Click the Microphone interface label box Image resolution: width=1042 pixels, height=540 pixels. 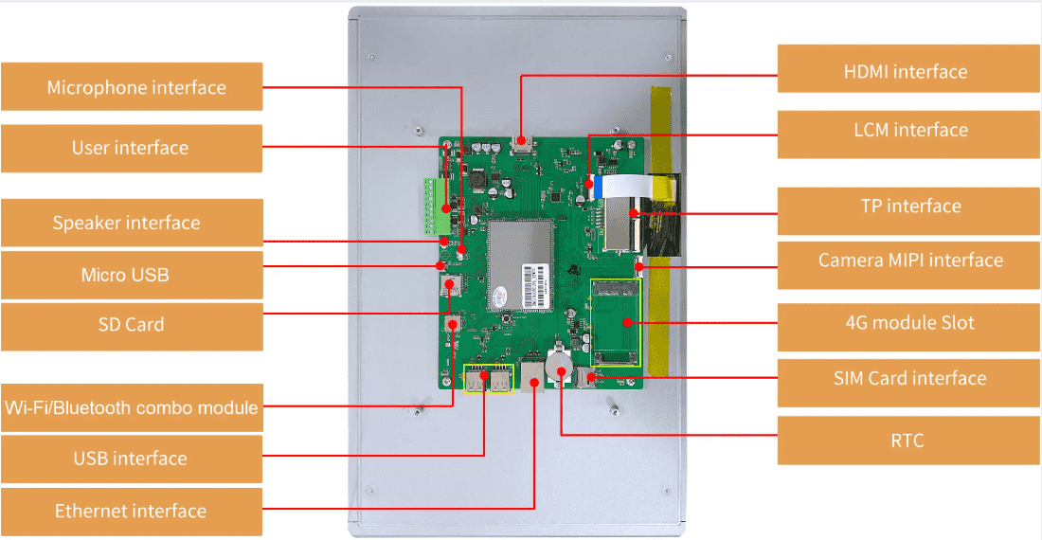pos(132,87)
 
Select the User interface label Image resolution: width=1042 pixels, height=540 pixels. pos(132,148)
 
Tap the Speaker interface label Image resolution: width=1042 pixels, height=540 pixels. pos(132,224)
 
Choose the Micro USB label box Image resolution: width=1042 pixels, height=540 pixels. pos(132,275)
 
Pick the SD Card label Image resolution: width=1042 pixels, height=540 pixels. pos(132,325)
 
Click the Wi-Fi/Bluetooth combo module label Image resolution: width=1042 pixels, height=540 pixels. pos(132,407)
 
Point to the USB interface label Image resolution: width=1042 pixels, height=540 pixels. pos(132,459)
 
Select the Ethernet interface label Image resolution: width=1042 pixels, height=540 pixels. pos(132,511)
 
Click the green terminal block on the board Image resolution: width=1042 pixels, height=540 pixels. pos(435,205)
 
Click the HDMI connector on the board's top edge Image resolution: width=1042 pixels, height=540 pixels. pos(521,144)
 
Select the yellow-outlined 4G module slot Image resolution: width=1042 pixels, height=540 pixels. pos(616,321)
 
